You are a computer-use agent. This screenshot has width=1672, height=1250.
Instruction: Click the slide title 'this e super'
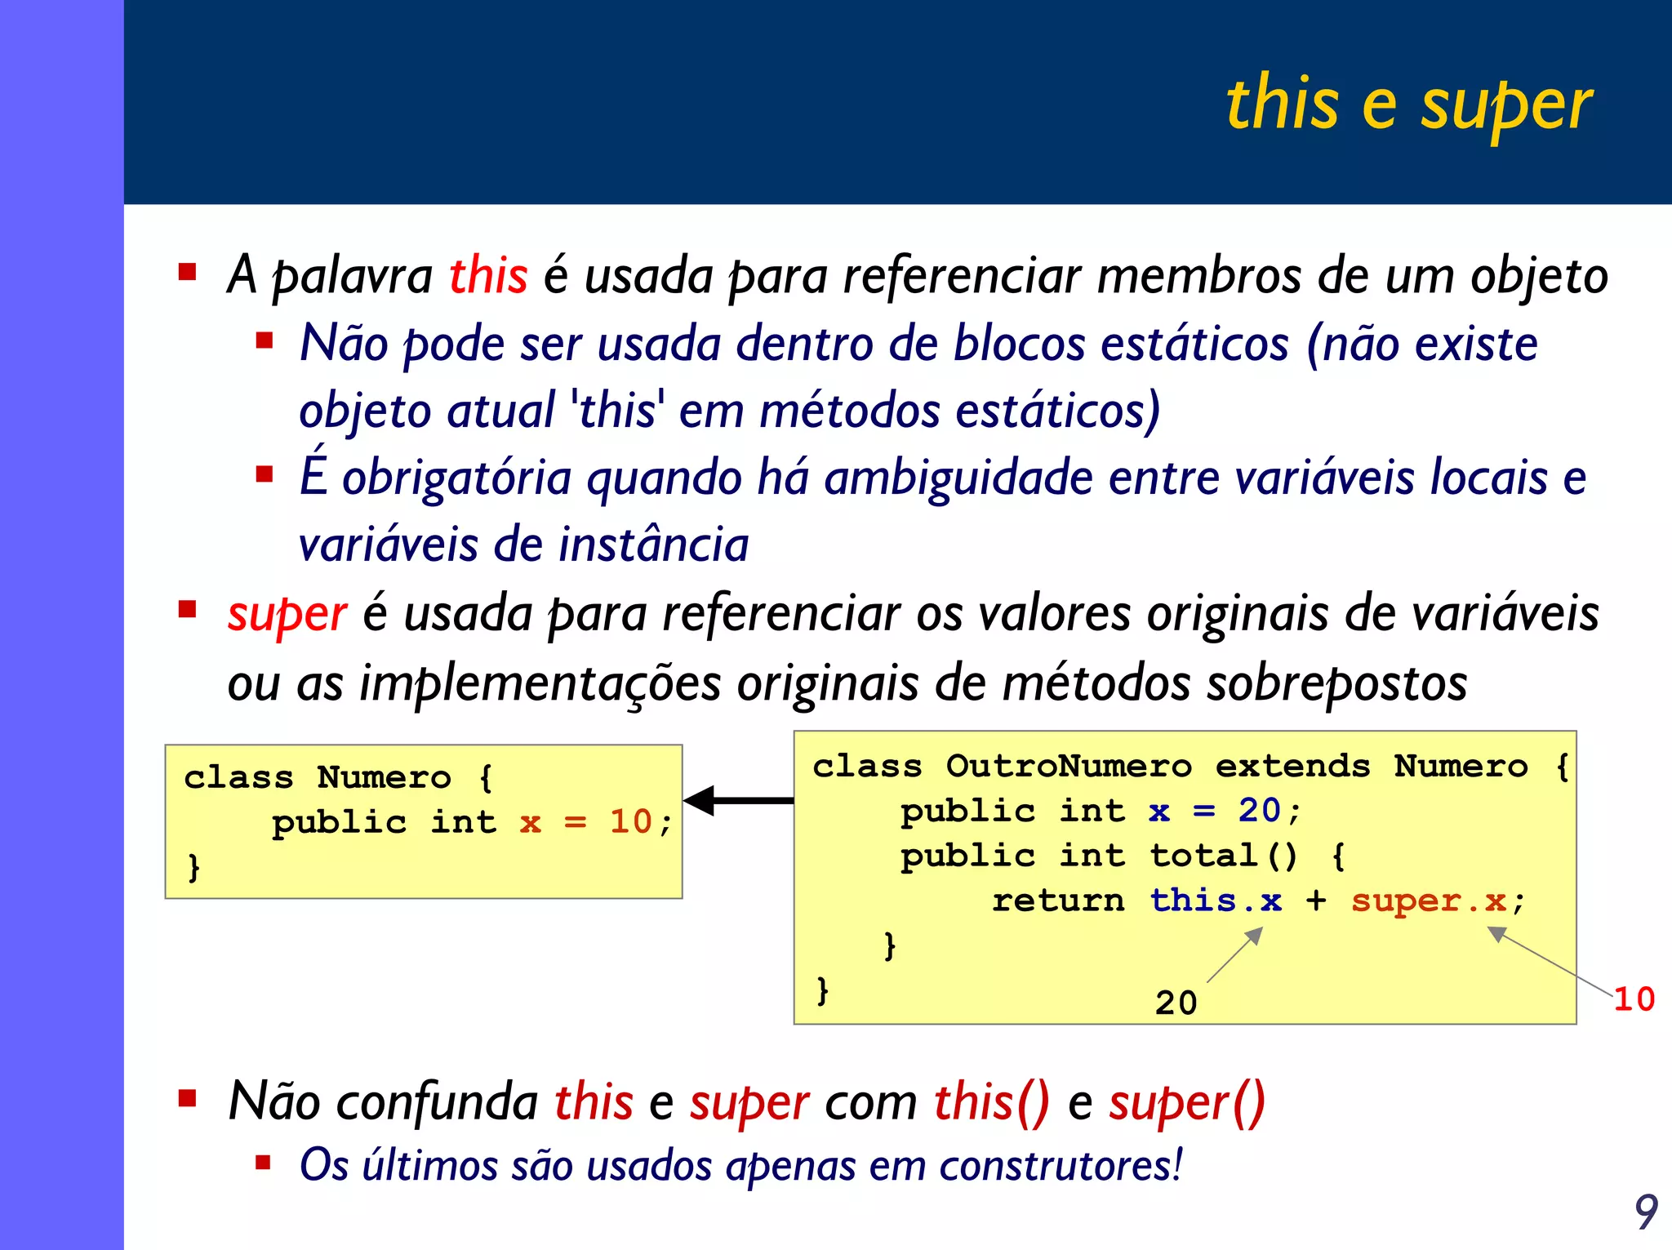pyautogui.click(x=1408, y=105)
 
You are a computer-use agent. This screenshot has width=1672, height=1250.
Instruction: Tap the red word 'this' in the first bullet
pyautogui.click(x=488, y=274)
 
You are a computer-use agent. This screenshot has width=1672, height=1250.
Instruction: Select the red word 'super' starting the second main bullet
pyautogui.click(x=287, y=614)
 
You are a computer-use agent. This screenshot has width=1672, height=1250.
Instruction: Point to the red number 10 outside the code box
pyautogui.click(x=1634, y=999)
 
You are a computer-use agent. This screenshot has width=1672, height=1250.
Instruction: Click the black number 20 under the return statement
pyautogui.click(x=1176, y=1003)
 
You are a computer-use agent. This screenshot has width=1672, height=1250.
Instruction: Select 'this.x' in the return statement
pyautogui.click(x=1216, y=901)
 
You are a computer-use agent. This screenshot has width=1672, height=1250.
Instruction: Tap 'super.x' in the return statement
pyautogui.click(x=1429, y=901)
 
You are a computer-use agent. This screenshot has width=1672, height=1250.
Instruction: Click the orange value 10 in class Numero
pyautogui.click(x=630, y=821)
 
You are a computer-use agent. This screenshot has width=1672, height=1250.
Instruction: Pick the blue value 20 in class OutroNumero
pyautogui.click(x=1259, y=811)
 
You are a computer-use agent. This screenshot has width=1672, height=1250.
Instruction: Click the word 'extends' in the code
pyautogui.click(x=1292, y=766)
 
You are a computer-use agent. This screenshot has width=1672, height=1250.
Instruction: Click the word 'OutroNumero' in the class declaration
pyautogui.click(x=1069, y=766)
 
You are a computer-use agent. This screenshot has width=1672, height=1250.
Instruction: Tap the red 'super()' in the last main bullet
pyautogui.click(x=1186, y=1102)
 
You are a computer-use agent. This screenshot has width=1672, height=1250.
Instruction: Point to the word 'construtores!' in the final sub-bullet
pyautogui.click(x=1061, y=1165)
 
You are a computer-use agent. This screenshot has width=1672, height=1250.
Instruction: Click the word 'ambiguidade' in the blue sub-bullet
pyautogui.click(x=958, y=478)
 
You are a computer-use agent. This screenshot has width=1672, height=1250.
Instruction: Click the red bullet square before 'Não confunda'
pyautogui.click(x=188, y=1098)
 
